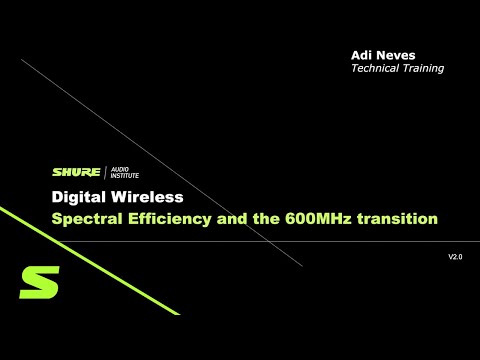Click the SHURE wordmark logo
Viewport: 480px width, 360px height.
tap(71, 172)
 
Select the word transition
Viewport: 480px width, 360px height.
tap(400, 218)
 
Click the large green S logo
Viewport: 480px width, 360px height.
tap(38, 283)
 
